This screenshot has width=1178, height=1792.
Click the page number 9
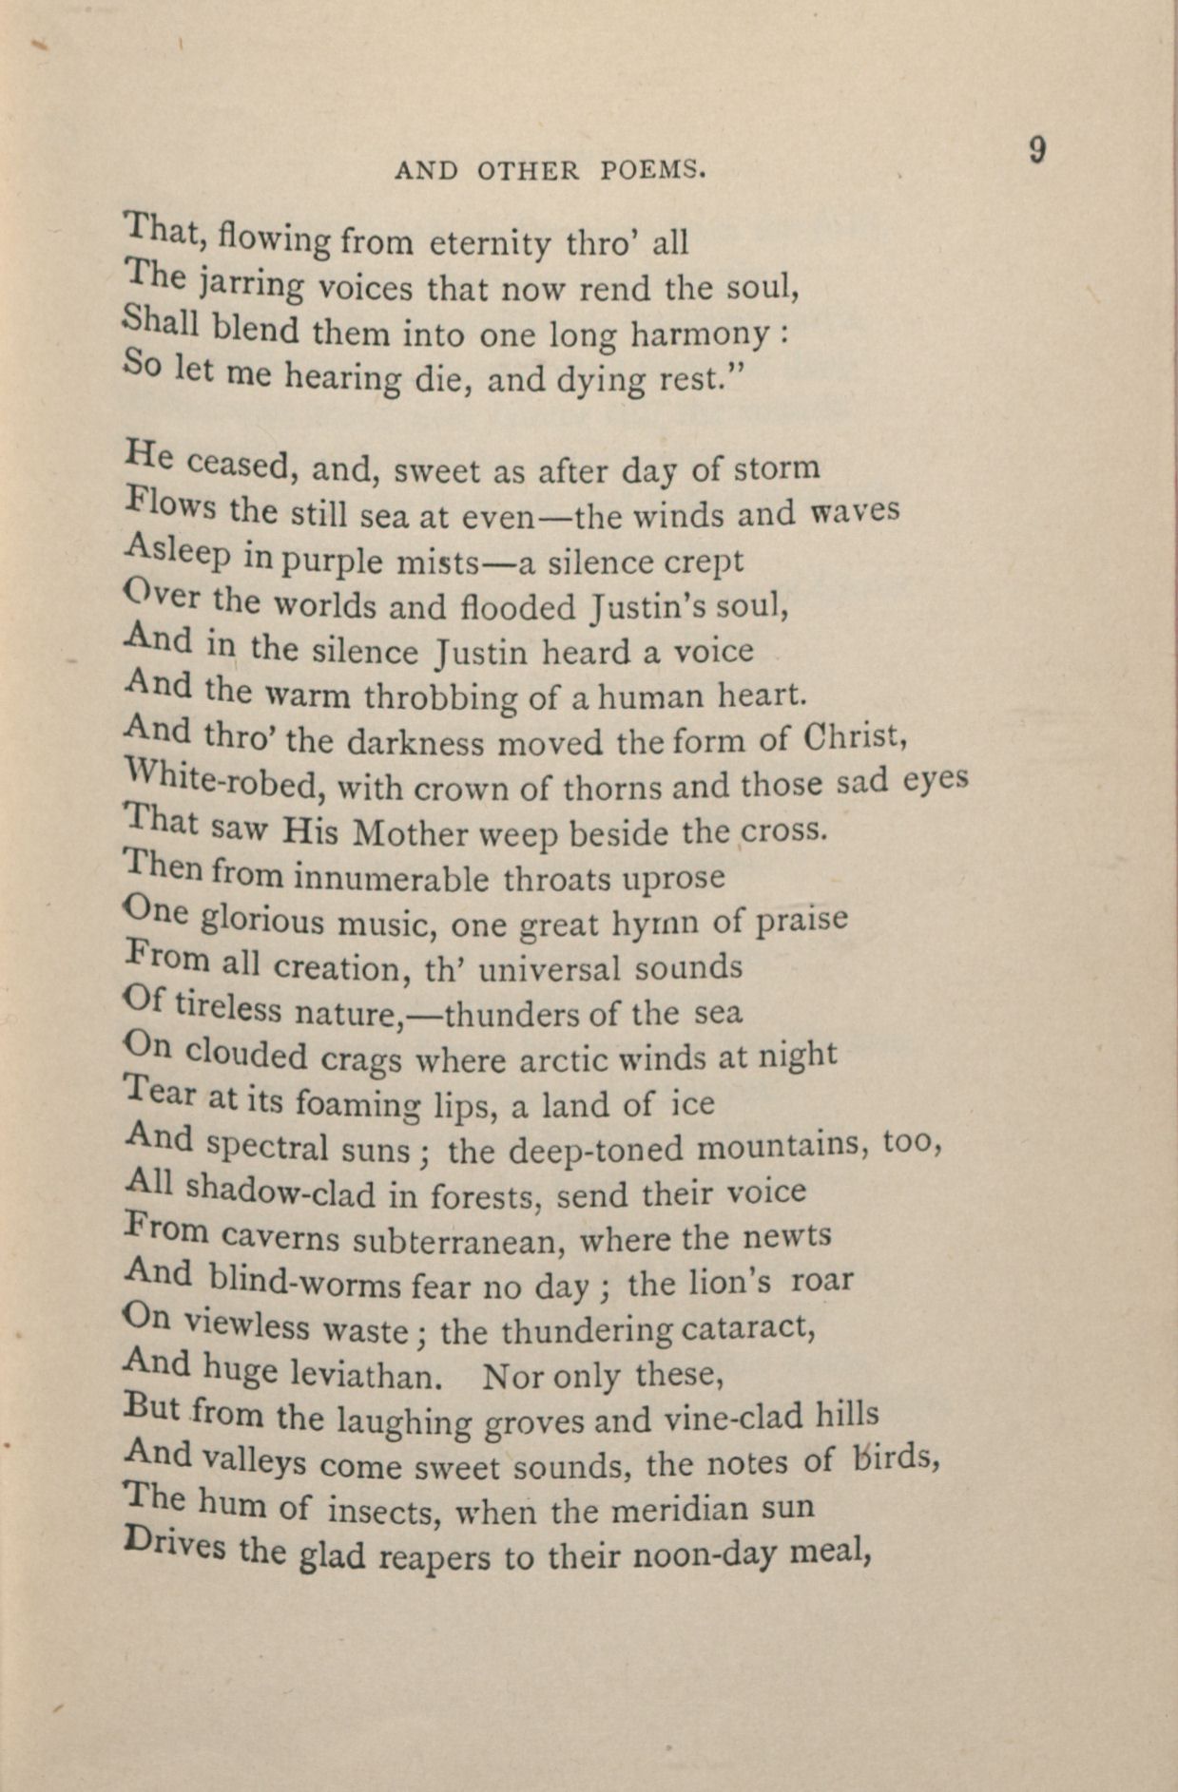pos(1037,151)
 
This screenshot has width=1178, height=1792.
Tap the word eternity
pos(490,244)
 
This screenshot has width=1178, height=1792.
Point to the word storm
pos(781,468)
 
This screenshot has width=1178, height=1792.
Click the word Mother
pos(413,833)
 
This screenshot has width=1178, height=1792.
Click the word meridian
pos(673,1508)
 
